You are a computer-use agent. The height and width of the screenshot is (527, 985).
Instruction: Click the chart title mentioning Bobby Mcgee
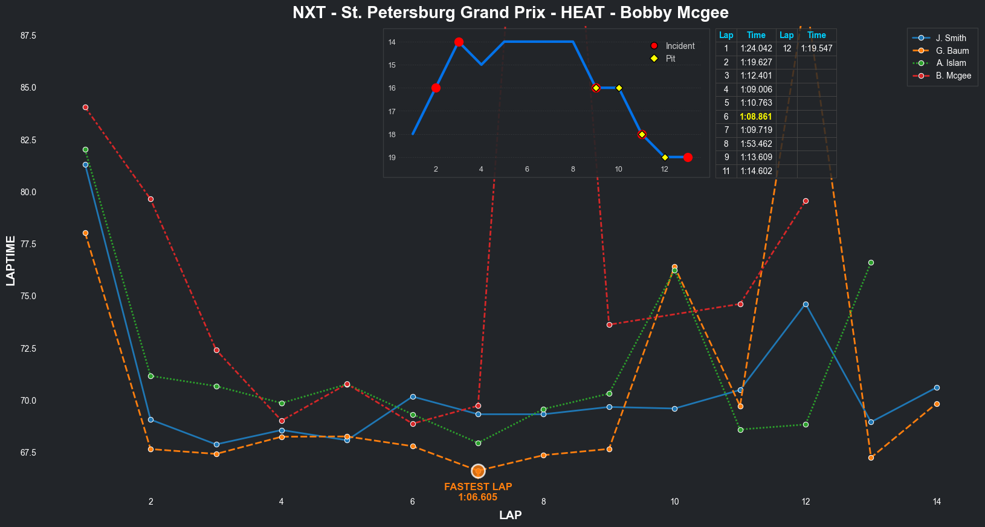[511, 13]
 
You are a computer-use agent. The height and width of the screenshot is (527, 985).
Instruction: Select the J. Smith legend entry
[951, 38]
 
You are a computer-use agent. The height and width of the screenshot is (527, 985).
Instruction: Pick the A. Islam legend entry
[951, 63]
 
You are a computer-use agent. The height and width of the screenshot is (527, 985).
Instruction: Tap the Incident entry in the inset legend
[680, 46]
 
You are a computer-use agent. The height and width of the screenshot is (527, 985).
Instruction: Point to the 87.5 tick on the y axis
[28, 36]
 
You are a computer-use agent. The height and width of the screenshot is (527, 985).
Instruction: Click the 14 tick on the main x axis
[937, 502]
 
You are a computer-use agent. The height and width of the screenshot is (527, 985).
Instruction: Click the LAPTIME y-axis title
[10, 260]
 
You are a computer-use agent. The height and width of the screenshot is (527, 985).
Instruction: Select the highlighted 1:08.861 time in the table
[756, 117]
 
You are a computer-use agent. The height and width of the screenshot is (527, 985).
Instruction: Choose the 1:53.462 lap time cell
[756, 144]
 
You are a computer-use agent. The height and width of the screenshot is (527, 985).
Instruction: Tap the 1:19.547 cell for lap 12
[816, 48]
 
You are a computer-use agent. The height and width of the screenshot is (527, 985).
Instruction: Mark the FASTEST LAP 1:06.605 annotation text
[478, 492]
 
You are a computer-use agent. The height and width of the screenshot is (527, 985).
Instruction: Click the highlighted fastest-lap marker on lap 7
[478, 471]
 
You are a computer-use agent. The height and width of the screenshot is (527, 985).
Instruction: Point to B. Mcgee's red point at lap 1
[85, 108]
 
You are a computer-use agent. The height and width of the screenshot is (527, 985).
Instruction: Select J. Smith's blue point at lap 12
[806, 305]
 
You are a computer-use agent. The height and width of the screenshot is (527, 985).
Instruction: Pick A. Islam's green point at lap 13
[871, 263]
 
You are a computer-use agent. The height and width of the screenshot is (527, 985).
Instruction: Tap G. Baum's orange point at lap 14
[937, 404]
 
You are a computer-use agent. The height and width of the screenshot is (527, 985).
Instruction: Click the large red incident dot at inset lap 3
[459, 42]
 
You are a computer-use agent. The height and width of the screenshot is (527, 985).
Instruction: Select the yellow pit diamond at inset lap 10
[619, 88]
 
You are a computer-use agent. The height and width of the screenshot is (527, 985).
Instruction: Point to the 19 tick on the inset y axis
[392, 158]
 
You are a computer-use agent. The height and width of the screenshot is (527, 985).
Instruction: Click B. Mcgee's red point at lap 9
[609, 325]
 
